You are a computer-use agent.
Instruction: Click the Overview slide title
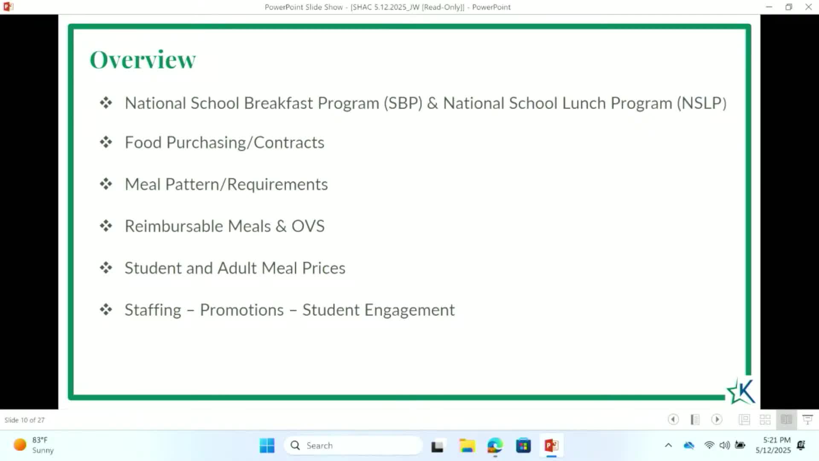point(142,59)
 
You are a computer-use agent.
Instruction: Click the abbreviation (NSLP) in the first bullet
point(702,103)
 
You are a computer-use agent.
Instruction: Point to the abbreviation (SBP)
point(403,103)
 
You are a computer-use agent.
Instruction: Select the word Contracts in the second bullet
point(289,143)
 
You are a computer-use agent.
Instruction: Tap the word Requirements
point(277,184)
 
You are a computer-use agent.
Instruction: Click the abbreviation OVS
point(308,226)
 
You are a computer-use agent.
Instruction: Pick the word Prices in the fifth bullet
point(324,268)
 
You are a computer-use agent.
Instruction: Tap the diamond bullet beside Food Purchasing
point(106,142)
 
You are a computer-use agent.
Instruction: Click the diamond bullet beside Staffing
point(106,309)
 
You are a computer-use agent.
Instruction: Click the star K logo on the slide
point(741,391)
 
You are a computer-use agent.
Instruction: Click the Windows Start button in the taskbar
point(267,446)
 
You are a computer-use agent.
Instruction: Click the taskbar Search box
point(353,446)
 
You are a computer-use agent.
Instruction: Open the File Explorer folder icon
point(467,446)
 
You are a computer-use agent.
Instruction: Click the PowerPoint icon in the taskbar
point(551,446)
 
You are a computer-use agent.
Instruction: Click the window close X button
point(808,7)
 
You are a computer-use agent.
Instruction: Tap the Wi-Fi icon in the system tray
point(709,445)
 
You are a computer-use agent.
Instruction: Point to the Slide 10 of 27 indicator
point(24,420)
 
